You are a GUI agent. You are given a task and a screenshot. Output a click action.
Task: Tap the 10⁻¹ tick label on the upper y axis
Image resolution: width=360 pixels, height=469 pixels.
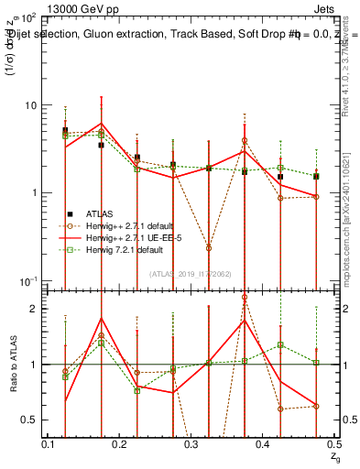coord(28,279)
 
